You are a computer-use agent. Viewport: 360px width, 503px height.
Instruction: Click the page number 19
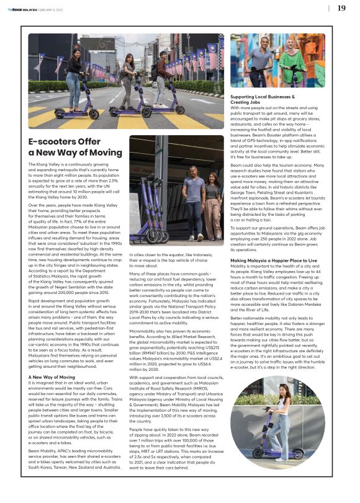341,8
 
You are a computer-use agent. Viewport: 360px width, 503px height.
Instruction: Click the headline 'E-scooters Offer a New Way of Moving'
75,147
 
